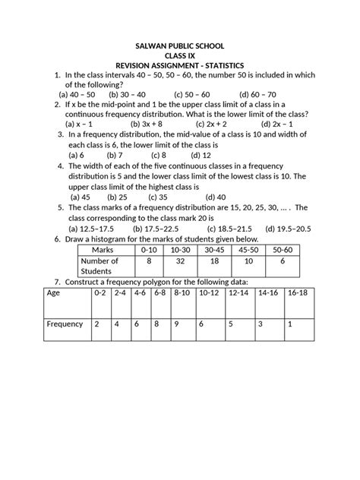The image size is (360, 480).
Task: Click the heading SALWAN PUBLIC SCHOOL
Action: pos(179,46)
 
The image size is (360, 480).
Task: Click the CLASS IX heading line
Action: pos(179,55)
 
